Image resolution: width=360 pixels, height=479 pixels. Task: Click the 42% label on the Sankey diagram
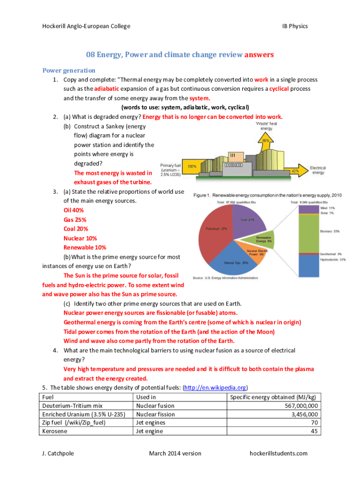coord(295,171)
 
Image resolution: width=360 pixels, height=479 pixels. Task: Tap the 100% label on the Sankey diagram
coord(192,166)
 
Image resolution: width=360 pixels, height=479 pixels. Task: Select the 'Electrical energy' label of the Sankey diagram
coord(318,170)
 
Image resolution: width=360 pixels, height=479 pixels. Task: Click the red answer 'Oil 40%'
coord(73,210)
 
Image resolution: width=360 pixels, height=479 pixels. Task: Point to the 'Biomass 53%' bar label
coord(330,231)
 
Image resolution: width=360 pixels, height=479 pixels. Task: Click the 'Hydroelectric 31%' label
coord(333,260)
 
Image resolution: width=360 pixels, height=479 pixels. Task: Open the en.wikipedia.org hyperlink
coord(216,388)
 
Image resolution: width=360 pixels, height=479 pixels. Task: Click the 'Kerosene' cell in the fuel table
coord(55,431)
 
